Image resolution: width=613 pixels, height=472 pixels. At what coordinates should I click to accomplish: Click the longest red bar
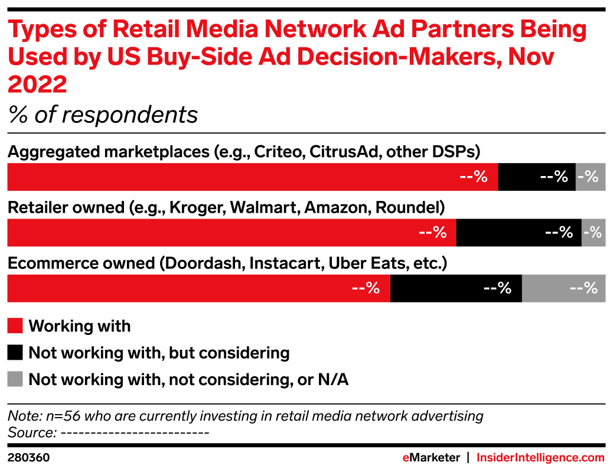click(x=252, y=177)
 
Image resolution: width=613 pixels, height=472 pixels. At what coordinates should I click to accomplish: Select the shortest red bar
click(x=198, y=288)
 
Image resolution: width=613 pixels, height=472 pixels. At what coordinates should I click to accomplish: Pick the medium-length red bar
click(x=231, y=233)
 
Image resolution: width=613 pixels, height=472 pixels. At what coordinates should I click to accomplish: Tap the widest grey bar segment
click(x=563, y=288)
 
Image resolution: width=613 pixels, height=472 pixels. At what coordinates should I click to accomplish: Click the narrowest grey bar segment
click(x=594, y=233)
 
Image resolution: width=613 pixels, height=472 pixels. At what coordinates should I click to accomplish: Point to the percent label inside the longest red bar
click(x=474, y=177)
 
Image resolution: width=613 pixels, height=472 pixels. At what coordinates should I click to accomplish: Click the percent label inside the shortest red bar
click(x=366, y=288)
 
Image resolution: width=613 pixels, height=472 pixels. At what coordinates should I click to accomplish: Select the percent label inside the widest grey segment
click(x=584, y=288)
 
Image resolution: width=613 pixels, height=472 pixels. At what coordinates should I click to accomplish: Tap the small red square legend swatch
click(x=15, y=326)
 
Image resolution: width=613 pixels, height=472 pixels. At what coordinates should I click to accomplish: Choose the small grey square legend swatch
click(x=15, y=379)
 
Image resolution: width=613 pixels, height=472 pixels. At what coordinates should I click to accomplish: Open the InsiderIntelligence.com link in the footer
click(x=540, y=458)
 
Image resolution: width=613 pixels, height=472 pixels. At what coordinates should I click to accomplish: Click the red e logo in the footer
click(x=406, y=458)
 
